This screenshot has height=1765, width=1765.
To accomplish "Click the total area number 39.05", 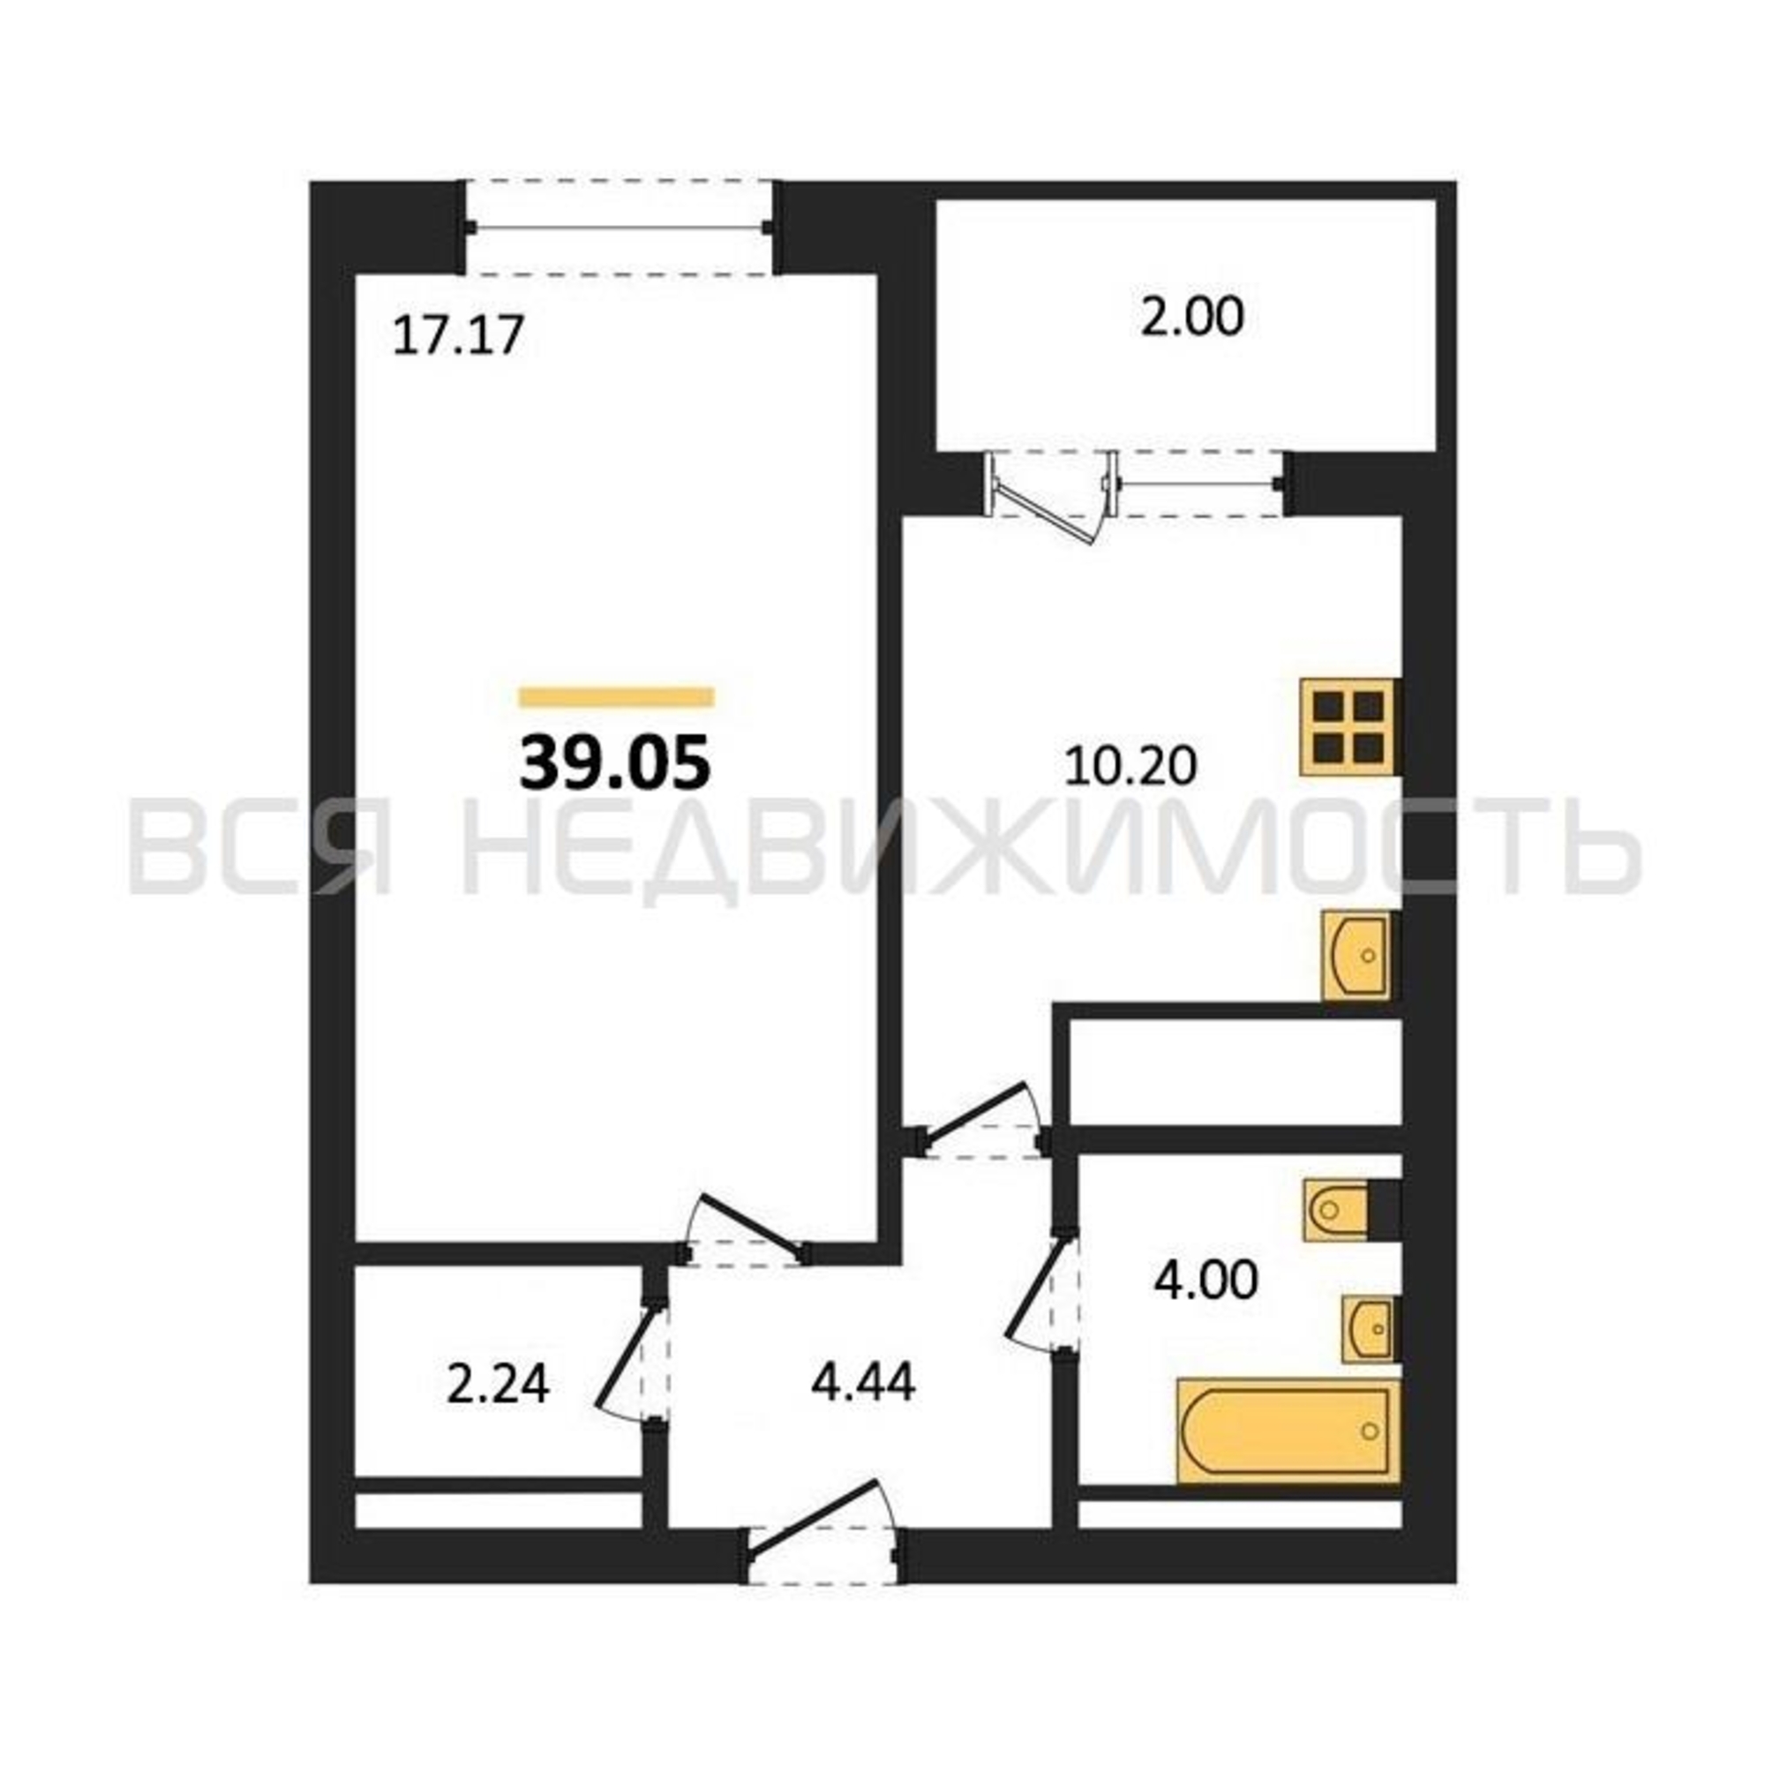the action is [x=615, y=762].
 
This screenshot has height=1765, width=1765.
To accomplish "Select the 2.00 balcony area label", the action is [x=1192, y=318].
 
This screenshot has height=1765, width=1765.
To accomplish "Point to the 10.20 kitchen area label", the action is [x=1130, y=765].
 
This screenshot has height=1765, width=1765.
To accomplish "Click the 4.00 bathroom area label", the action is [x=1205, y=1280].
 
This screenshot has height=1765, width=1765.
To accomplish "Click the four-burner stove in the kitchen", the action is [x=1348, y=727].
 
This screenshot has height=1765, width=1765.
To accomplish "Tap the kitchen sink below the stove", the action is [x=1356, y=956].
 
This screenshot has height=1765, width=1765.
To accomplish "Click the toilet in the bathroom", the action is [x=1338, y=1211].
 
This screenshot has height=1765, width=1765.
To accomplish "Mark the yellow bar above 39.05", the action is [x=616, y=697].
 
